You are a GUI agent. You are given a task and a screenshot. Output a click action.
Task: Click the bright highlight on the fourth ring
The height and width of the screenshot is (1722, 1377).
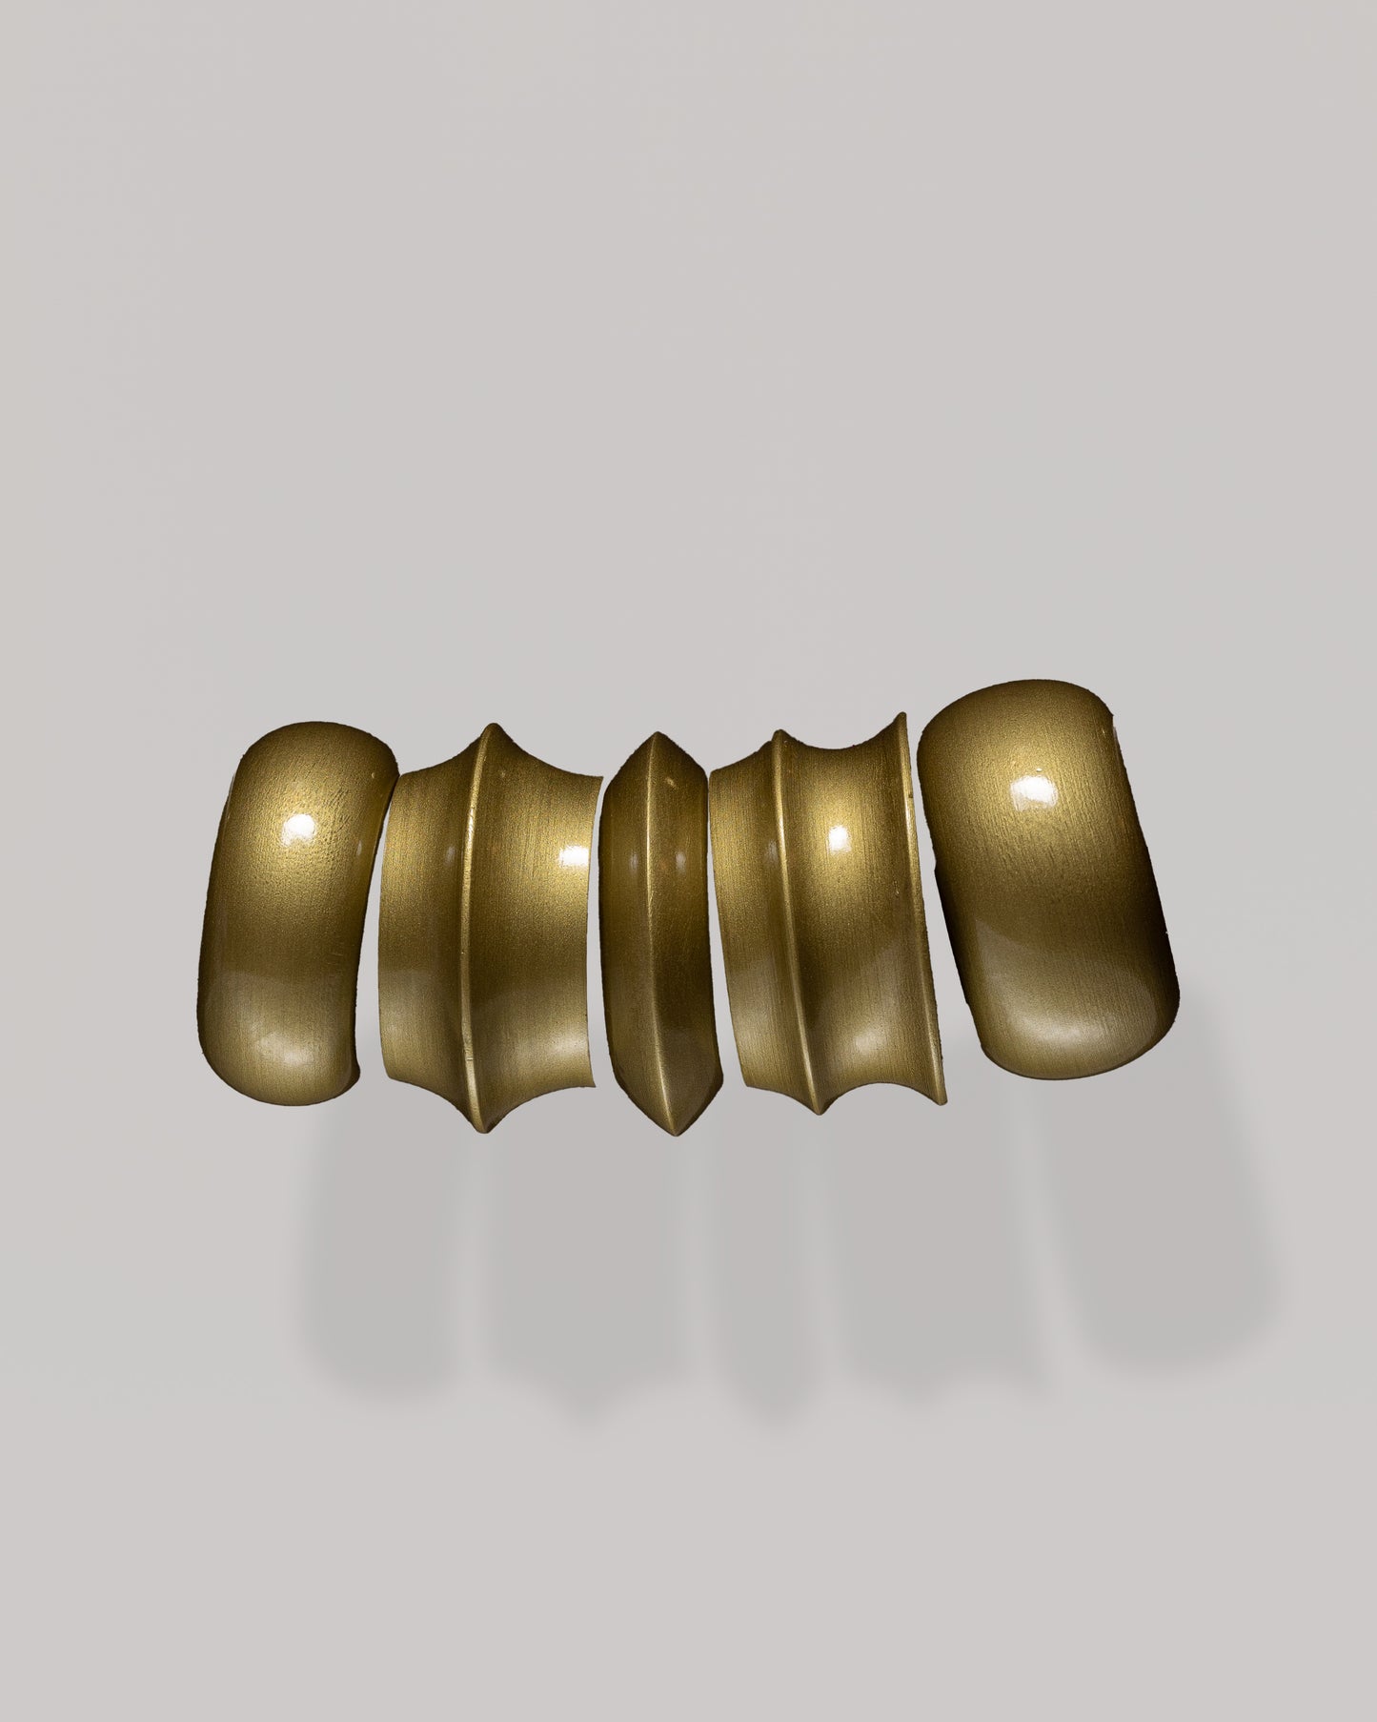[x=840, y=835]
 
